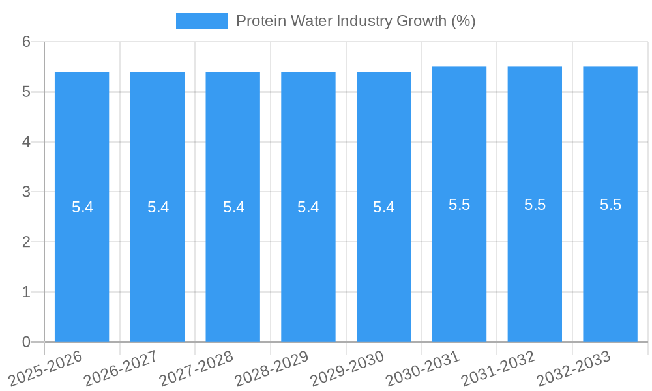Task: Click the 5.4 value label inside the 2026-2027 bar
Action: click(x=158, y=207)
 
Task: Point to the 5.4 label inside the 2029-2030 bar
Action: click(x=384, y=207)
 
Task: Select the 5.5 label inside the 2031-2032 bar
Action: click(x=535, y=205)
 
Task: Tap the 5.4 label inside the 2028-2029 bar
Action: click(x=308, y=207)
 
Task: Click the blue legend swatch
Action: click(x=202, y=21)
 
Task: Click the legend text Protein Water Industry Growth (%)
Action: click(x=355, y=21)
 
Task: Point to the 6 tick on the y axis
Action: click(x=27, y=42)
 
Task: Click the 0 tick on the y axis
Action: click(x=27, y=342)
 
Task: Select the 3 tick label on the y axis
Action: click(x=27, y=192)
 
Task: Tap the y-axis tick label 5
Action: click(x=27, y=92)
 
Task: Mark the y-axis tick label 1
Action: click(x=27, y=292)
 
